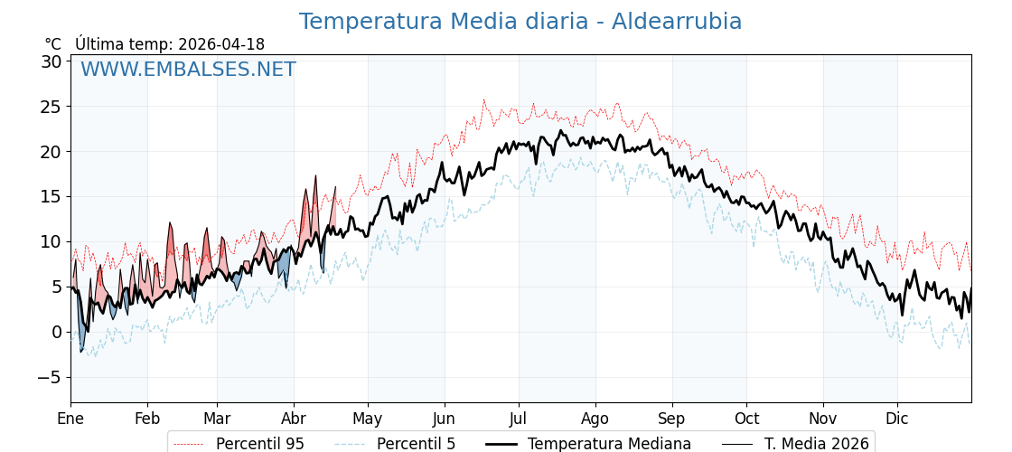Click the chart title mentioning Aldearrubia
point(520,22)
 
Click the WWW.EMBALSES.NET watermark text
point(188,70)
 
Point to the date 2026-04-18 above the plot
point(221,44)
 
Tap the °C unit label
point(53,44)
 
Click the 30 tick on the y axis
point(51,61)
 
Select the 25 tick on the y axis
point(51,107)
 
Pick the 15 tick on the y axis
point(51,196)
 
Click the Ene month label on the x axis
point(70,419)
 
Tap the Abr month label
point(294,419)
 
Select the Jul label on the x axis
point(519,419)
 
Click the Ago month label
point(595,419)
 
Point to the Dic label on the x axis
point(897,419)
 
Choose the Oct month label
point(746,419)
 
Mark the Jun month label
point(444,419)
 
